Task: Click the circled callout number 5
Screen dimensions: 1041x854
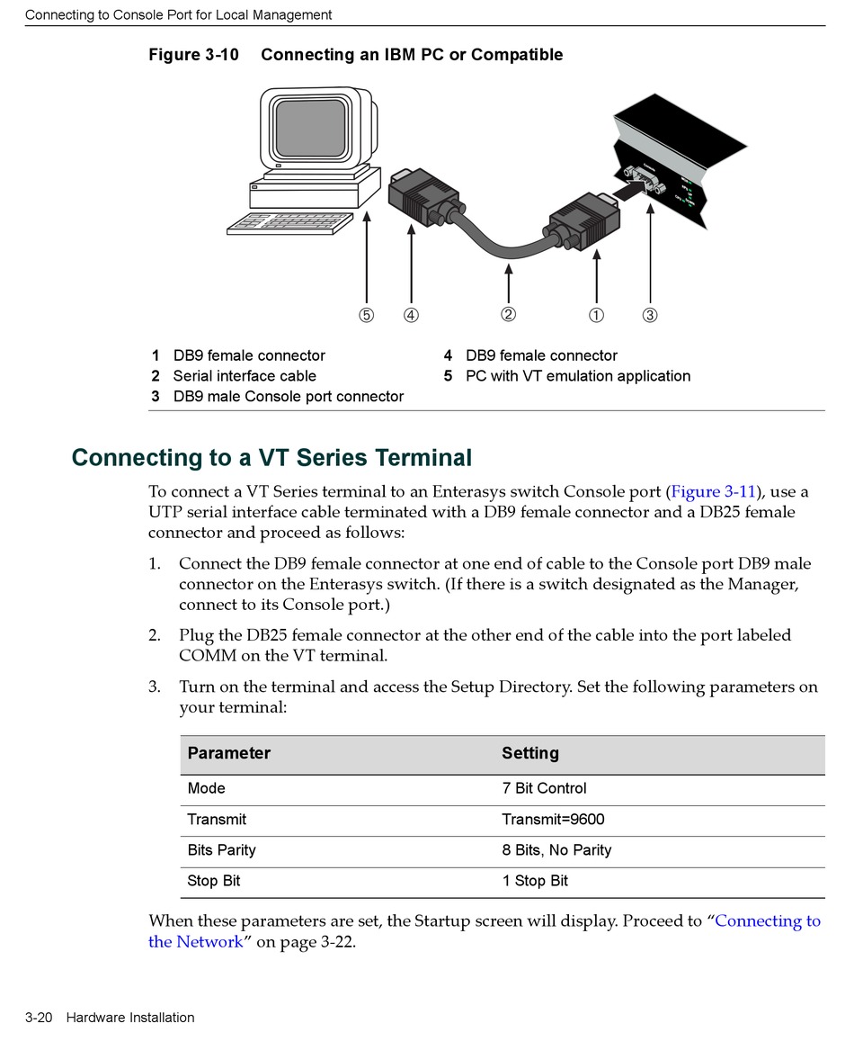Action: pos(366,315)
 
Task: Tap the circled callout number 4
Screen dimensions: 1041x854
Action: pos(411,315)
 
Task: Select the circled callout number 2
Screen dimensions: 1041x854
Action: pos(509,314)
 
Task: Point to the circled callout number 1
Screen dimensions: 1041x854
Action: pos(597,315)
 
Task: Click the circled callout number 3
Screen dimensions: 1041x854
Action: pos(650,315)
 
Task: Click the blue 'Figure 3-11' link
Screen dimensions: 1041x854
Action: pos(713,491)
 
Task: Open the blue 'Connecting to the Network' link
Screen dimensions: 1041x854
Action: pos(768,921)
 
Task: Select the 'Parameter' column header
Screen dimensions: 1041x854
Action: pos(229,753)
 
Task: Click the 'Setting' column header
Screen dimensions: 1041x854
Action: pos(530,753)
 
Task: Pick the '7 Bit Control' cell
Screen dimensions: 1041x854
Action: pos(544,788)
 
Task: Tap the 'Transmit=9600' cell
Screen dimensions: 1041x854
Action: pos(553,819)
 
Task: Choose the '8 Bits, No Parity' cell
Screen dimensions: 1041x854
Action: pos(556,850)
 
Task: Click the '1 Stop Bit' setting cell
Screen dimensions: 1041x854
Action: pos(535,881)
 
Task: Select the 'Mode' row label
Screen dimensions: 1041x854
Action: pos(206,788)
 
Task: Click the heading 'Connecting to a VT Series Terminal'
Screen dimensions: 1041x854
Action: pos(271,457)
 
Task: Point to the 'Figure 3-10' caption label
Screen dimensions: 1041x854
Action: pos(193,55)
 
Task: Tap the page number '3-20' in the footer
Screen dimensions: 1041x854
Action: pos(40,1018)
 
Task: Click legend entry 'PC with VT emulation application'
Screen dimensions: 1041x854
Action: pos(578,376)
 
